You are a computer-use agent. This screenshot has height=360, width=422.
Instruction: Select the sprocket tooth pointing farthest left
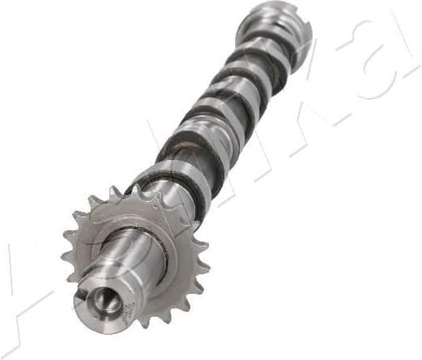pos(65,256)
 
